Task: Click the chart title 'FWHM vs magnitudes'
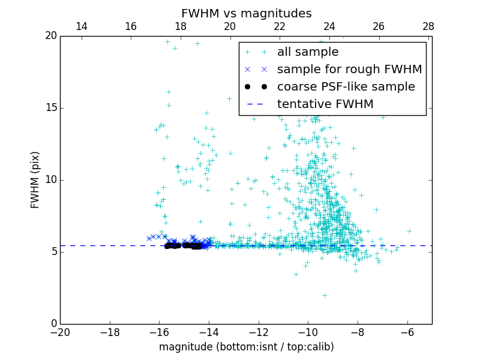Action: pyautogui.click(x=246, y=13)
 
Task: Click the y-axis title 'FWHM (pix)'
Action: pyautogui.click(x=35, y=180)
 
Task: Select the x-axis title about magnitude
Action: pyautogui.click(x=246, y=347)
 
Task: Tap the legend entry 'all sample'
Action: pyautogui.click(x=308, y=52)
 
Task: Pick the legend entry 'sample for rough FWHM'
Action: pyautogui.click(x=349, y=70)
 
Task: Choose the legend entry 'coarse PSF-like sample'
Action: pyautogui.click(x=346, y=87)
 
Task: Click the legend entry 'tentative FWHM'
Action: pyautogui.click(x=325, y=104)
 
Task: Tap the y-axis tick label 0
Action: pyautogui.click(x=53, y=324)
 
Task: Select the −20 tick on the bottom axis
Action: pyautogui.click(x=60, y=332)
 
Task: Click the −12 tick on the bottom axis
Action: pyautogui.click(x=258, y=332)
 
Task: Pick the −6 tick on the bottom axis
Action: pyautogui.click(x=407, y=332)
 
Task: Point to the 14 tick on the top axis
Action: pyautogui.click(x=81, y=26)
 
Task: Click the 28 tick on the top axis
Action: pyautogui.click(x=428, y=26)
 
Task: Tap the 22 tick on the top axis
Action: pyautogui.click(x=280, y=26)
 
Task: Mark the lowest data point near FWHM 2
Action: pyautogui.click(x=325, y=295)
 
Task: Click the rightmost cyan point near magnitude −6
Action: pyautogui.click(x=409, y=231)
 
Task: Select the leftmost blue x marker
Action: pyautogui.click(x=149, y=238)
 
